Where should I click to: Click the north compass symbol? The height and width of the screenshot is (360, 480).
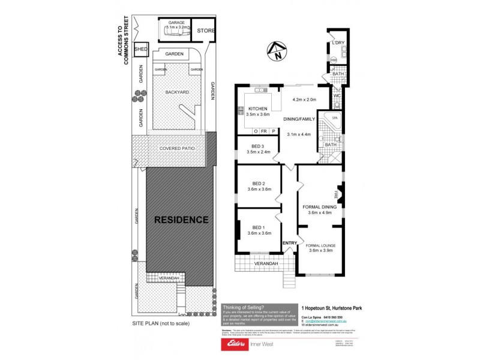277,53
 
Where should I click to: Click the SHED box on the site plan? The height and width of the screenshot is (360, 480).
140,49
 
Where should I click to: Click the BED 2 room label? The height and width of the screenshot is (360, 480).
259,184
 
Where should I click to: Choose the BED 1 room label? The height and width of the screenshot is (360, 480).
259,227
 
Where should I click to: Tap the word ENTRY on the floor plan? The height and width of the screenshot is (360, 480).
290,242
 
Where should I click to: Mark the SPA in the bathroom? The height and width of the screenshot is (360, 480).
335,118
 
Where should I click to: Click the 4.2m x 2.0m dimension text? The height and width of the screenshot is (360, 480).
305,100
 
